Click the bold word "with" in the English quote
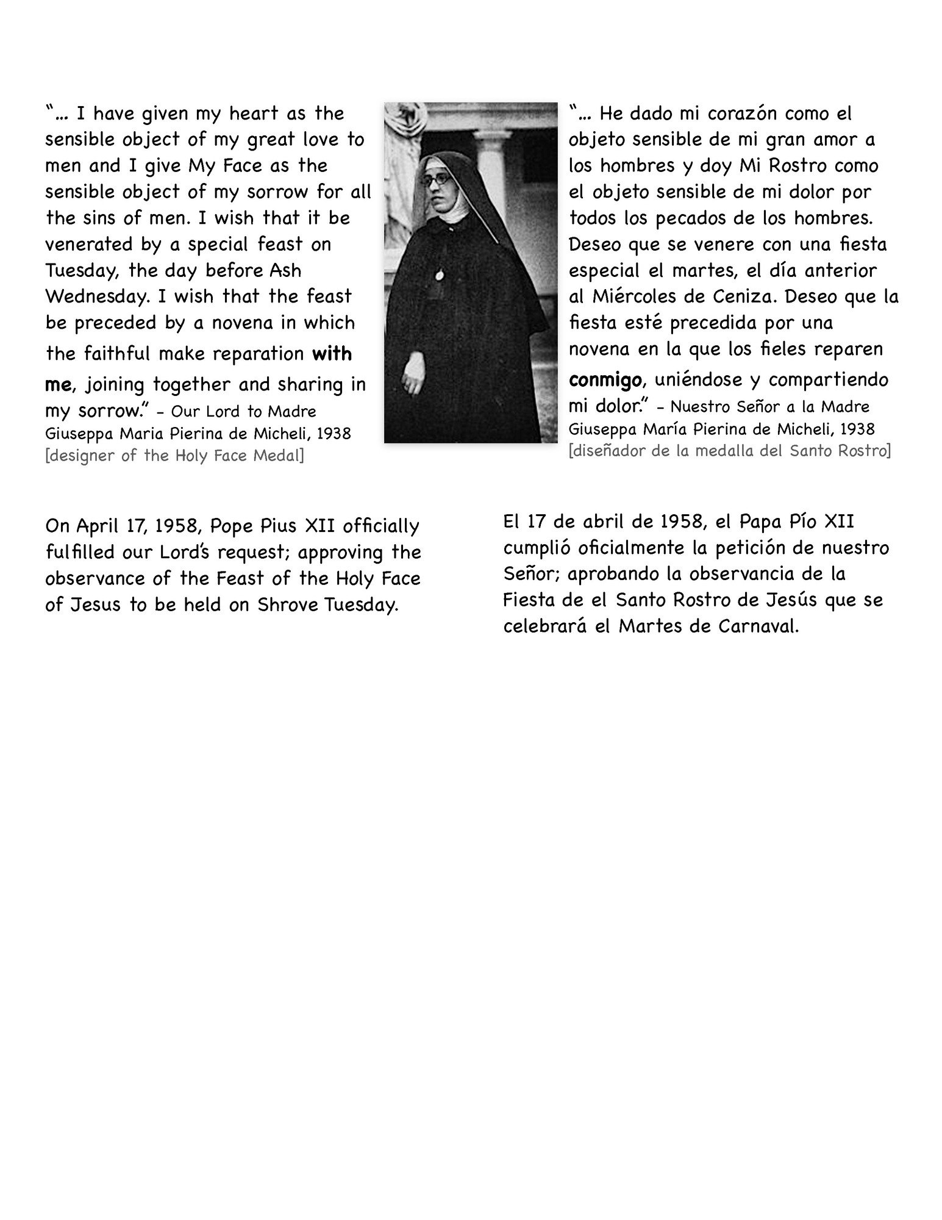[332, 354]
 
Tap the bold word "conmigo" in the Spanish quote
[604, 380]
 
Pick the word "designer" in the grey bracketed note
[81, 456]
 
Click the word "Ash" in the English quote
[285, 271]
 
